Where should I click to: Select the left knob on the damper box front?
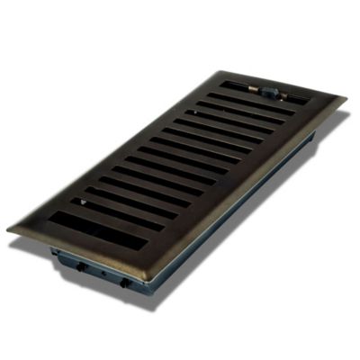point(80,266)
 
